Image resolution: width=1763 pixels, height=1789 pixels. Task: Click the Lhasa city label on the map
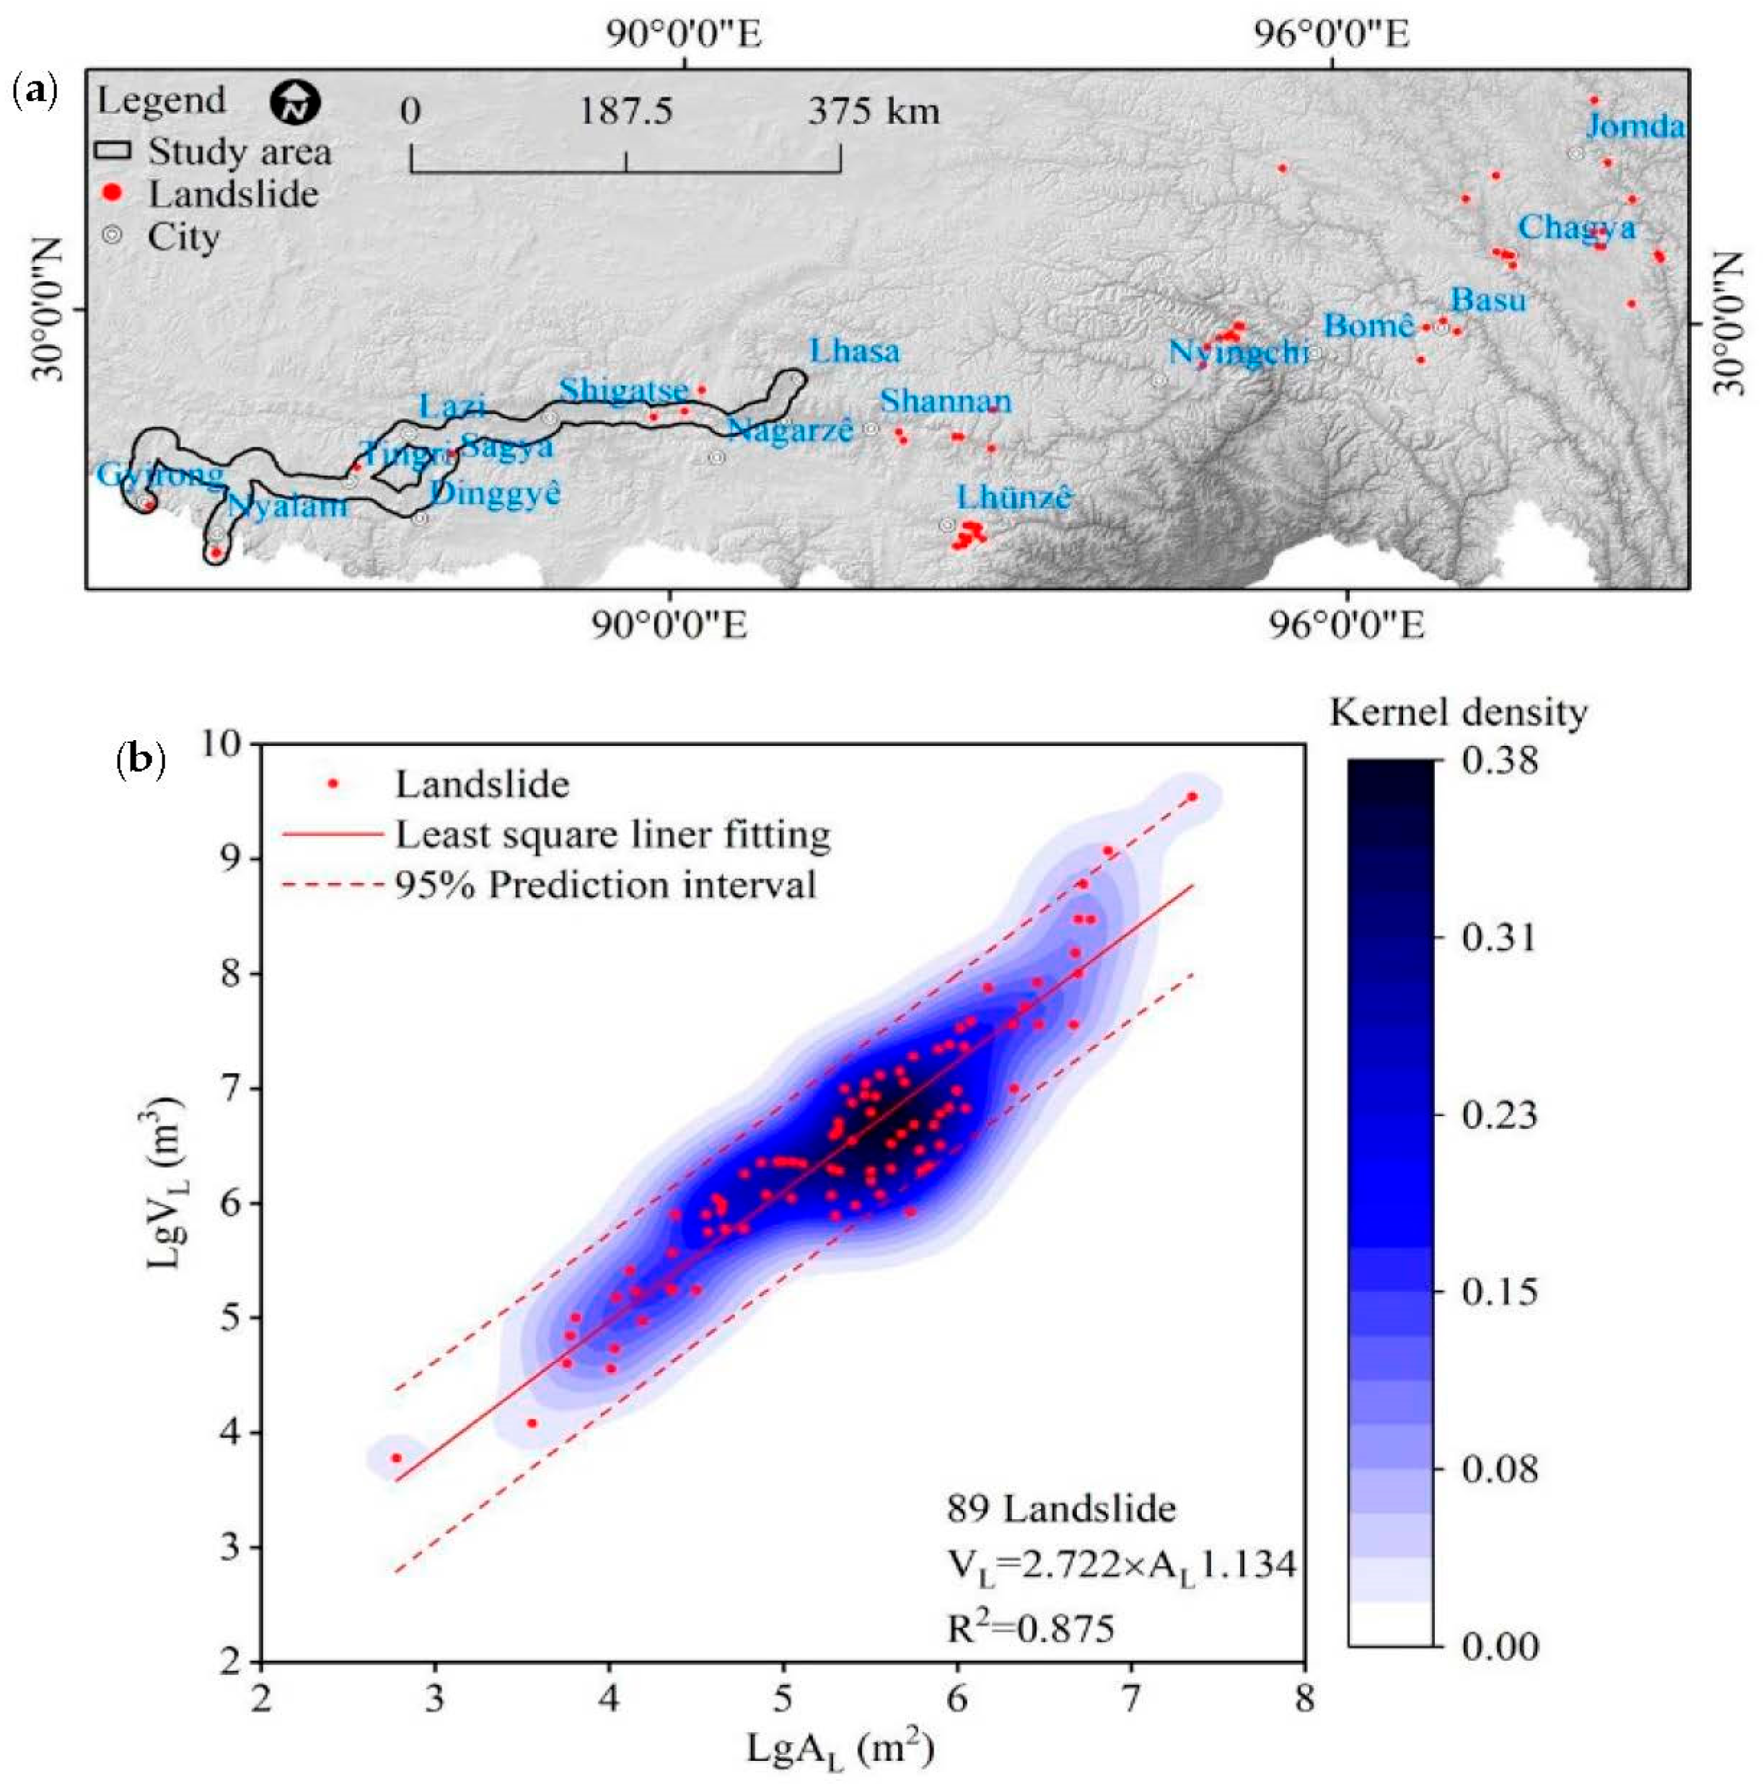853,352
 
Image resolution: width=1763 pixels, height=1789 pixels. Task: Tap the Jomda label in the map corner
1635,126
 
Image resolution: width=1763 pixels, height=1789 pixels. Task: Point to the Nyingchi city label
1237,353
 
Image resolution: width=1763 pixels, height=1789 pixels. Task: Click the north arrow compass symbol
295,102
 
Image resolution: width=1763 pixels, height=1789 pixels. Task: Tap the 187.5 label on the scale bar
626,112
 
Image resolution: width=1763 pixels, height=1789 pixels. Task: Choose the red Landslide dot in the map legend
112,193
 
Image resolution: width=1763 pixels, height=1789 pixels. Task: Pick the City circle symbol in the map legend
112,235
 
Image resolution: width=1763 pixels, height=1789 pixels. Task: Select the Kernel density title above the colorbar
1457,712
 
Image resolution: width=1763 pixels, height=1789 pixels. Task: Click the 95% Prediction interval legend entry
605,885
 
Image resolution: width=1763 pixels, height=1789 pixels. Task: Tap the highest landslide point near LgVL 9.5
1192,796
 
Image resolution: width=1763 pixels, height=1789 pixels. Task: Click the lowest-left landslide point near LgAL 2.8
396,1457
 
